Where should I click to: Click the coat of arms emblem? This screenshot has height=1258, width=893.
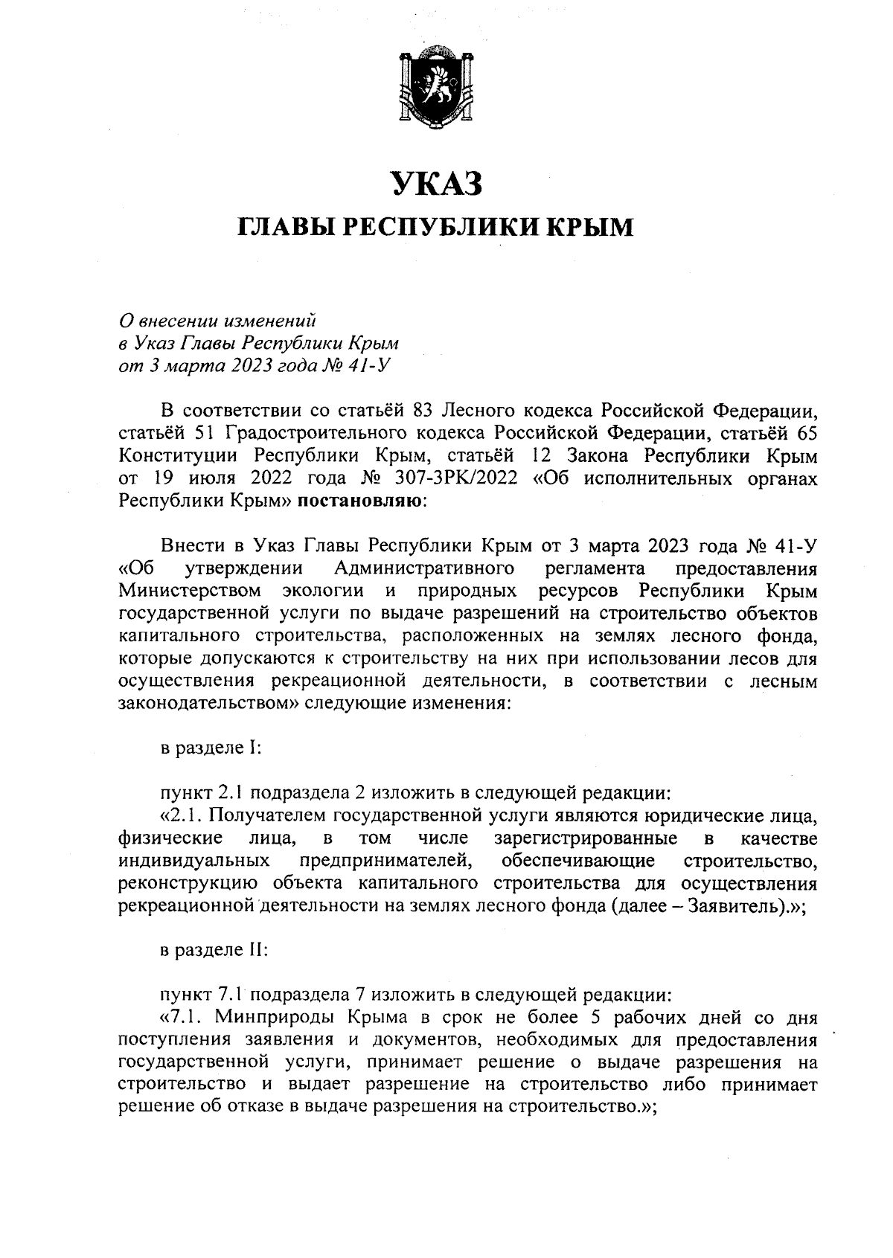coord(438,89)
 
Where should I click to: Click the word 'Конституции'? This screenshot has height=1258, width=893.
coord(175,455)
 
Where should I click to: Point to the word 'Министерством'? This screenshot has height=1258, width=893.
coord(190,591)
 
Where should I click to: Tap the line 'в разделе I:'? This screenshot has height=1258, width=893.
coord(211,748)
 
